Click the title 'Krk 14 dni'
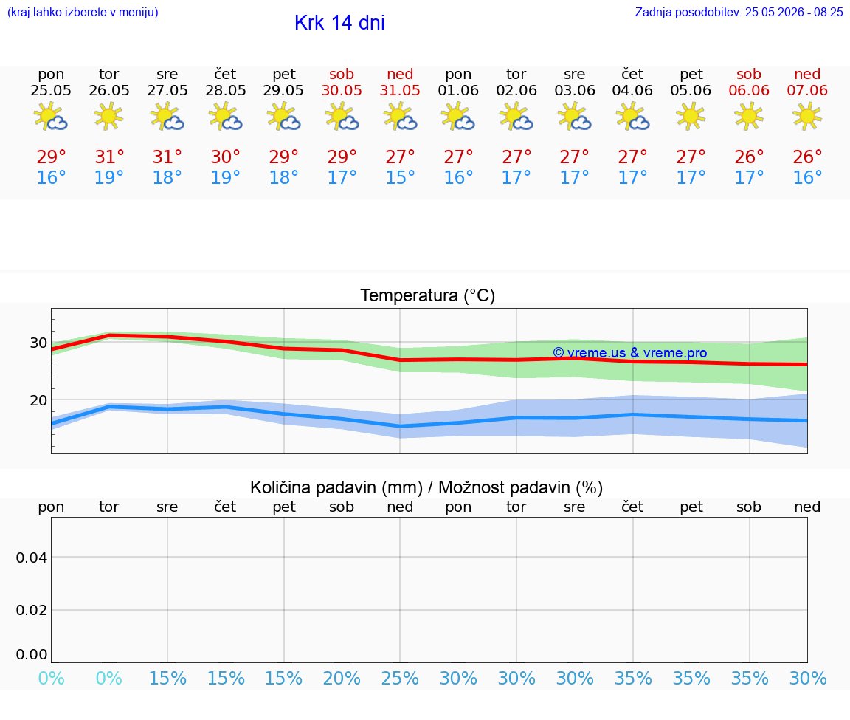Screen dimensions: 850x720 (x=339, y=23)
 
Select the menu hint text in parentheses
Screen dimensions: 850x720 (x=83, y=13)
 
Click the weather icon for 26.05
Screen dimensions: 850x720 (x=108, y=116)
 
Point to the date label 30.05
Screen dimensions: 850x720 (x=342, y=91)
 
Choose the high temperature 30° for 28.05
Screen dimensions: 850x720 (x=226, y=157)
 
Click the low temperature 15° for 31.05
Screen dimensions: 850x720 (x=400, y=177)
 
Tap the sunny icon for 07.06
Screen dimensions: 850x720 (x=807, y=116)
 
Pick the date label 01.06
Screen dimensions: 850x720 (x=458, y=91)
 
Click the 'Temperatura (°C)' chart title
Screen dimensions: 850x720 (x=428, y=295)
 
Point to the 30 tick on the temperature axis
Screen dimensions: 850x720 (x=38, y=343)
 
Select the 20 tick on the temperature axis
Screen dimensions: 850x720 (x=38, y=400)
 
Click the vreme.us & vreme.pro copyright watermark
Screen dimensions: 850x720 (x=630, y=353)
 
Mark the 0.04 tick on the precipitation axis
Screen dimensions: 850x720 (x=32, y=558)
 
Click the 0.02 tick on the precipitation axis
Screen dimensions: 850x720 (x=32, y=610)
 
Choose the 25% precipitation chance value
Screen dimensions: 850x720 (x=400, y=679)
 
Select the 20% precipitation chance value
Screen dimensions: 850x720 (x=342, y=679)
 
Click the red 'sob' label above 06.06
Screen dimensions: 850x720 (x=749, y=75)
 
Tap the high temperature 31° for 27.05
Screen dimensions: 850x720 (x=167, y=157)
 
